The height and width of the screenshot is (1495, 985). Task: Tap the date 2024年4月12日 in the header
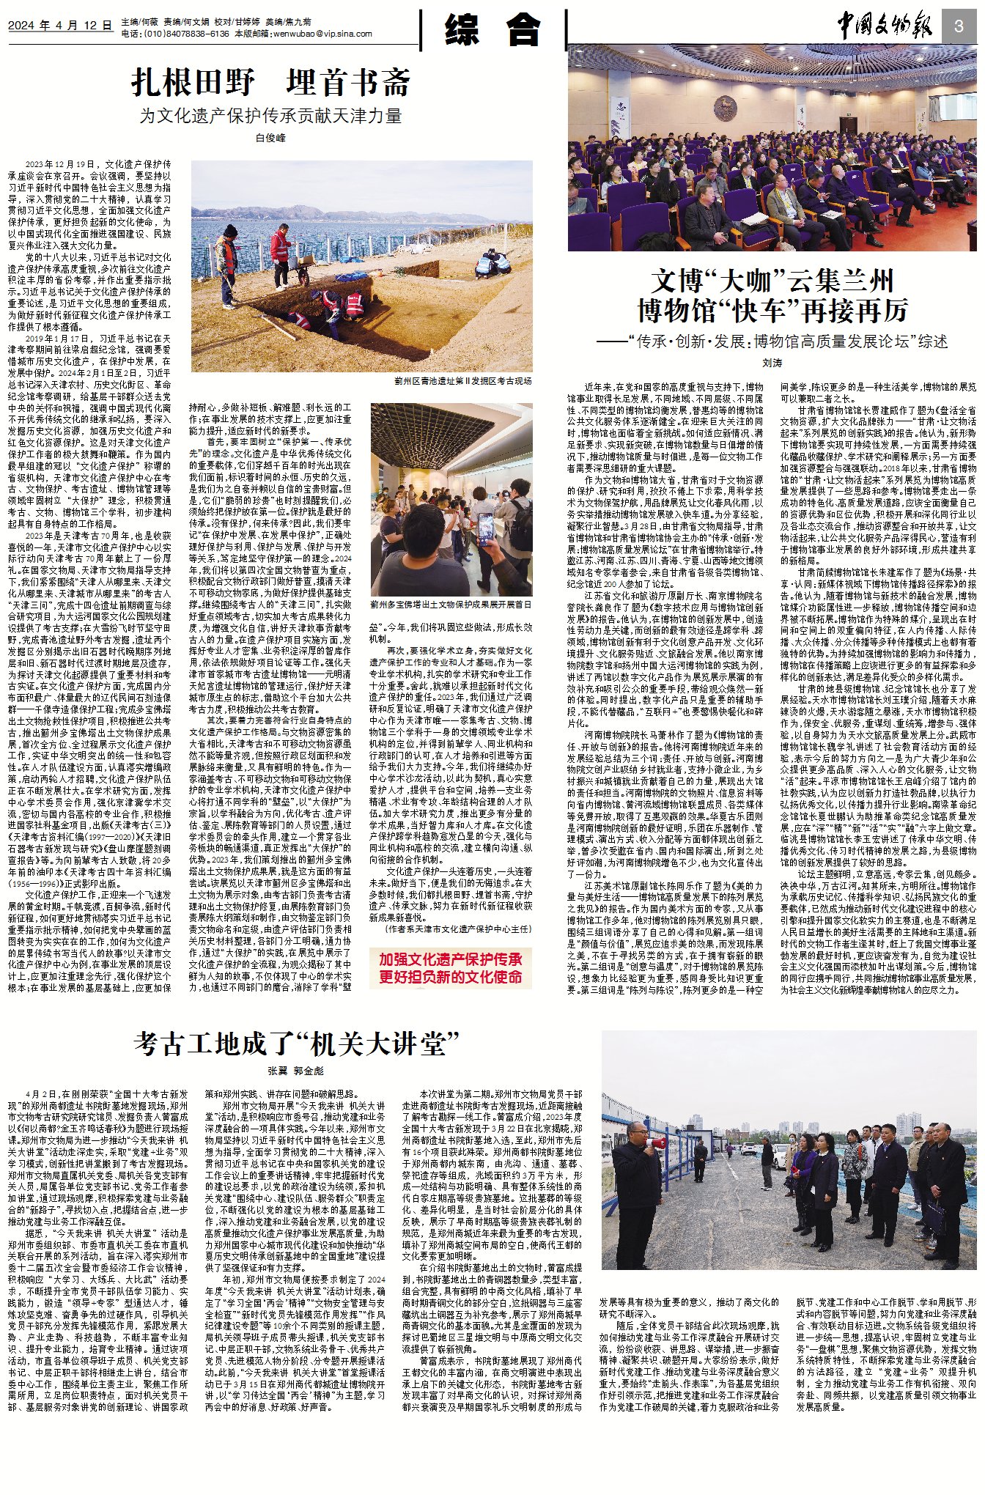(60, 26)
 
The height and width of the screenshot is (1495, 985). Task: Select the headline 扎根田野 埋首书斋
(270, 82)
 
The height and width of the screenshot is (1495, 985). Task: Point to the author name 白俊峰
(270, 137)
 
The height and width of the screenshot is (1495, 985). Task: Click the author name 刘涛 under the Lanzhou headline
(772, 363)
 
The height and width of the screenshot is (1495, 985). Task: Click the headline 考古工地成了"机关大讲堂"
(296, 1044)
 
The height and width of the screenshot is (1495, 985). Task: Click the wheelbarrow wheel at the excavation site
(302, 278)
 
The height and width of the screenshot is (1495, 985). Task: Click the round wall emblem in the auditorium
(725, 110)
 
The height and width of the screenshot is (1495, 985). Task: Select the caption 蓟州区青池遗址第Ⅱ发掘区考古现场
(462, 380)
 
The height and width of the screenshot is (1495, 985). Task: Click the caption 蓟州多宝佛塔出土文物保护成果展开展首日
(451, 605)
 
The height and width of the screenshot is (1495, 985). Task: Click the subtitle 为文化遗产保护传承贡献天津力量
(270, 116)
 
